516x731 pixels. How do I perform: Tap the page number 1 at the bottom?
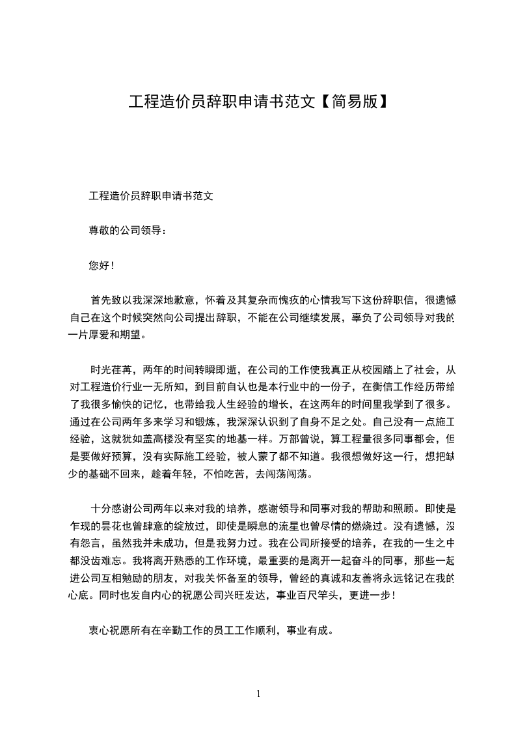point(258,693)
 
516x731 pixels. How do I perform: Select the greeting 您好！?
point(102,265)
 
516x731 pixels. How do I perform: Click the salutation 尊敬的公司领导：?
point(128,230)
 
